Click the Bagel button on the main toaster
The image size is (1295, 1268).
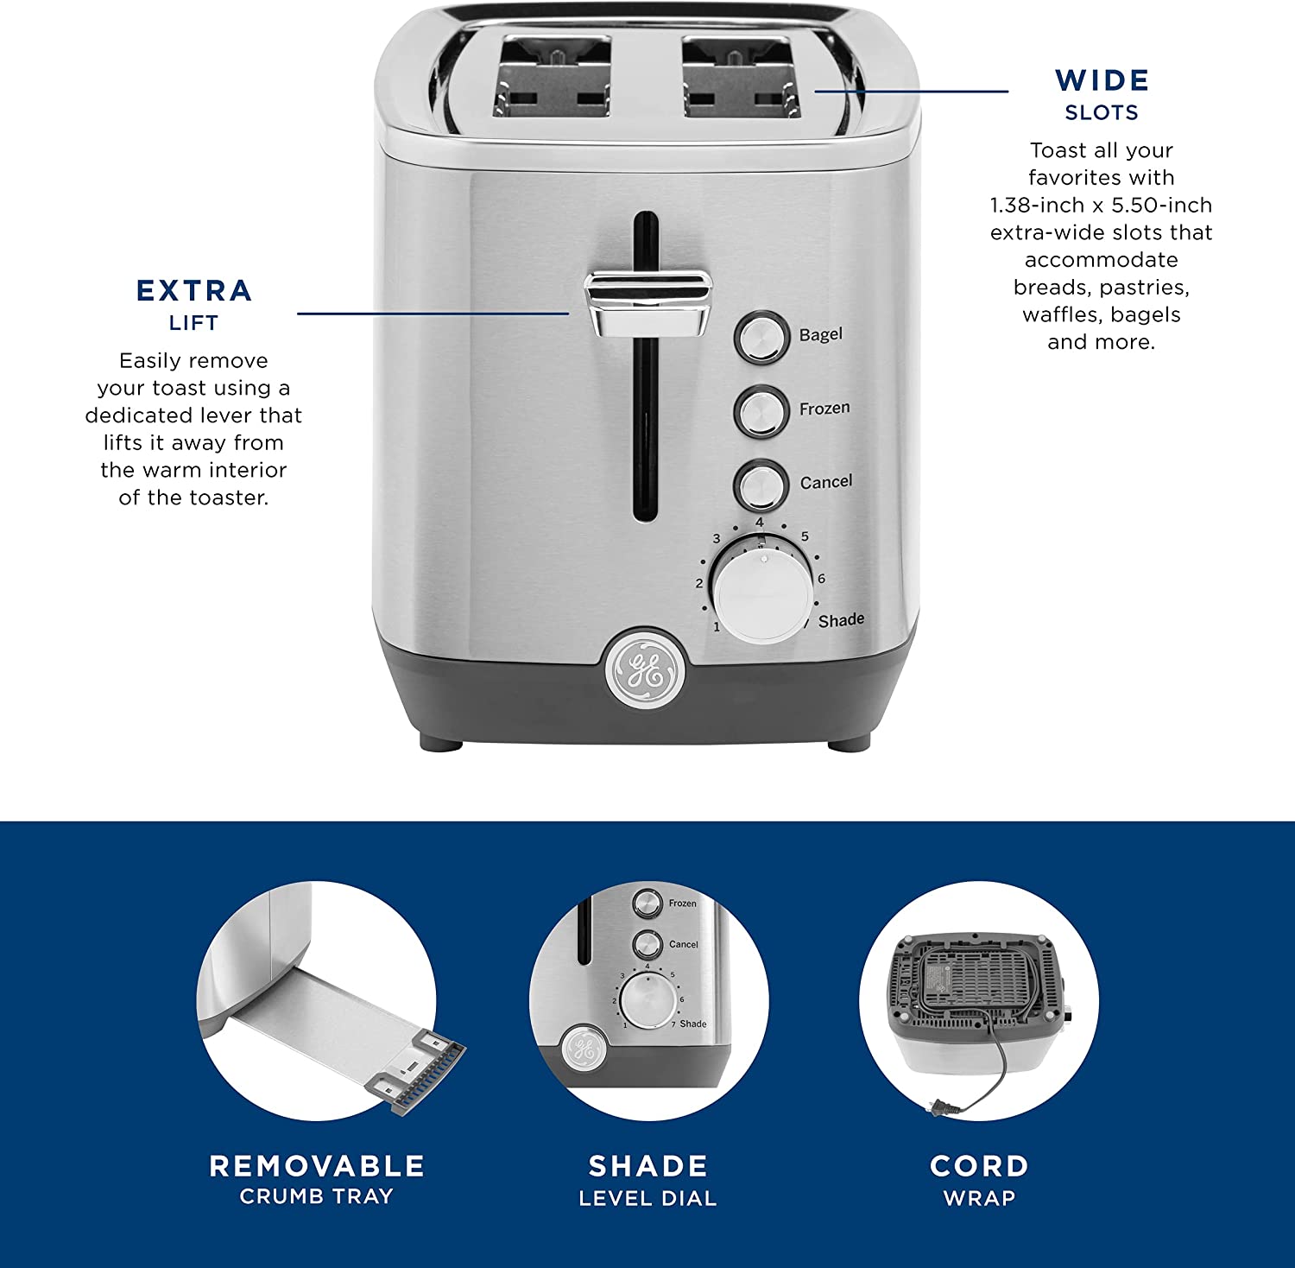click(761, 337)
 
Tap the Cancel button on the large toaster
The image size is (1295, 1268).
click(761, 485)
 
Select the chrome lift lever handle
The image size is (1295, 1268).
click(648, 302)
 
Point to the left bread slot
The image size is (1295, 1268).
click(553, 75)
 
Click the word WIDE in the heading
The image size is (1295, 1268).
click(1102, 80)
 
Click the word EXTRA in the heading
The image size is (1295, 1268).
click(194, 290)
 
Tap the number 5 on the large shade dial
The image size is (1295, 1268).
click(805, 536)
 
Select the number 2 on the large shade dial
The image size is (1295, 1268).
click(699, 583)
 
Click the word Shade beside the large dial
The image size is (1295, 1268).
click(841, 620)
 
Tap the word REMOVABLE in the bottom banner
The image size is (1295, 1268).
click(317, 1166)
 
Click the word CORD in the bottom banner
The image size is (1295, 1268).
click(979, 1166)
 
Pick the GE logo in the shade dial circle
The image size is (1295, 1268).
click(583, 1049)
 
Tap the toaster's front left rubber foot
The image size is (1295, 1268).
click(441, 741)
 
